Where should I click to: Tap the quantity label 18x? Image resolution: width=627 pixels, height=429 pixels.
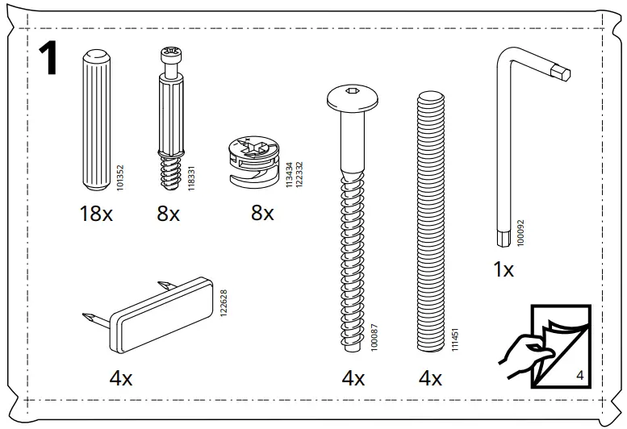pos(96,214)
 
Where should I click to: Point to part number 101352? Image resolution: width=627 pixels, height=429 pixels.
pos(120,173)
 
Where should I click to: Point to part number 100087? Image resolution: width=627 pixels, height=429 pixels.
pos(373,335)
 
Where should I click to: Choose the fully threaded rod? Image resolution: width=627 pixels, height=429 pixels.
pos(430,219)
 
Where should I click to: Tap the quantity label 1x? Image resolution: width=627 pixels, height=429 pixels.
pos(504,270)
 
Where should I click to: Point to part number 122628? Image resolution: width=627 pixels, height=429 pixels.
pos(224,302)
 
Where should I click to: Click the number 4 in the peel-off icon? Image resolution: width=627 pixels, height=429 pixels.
pos(580,375)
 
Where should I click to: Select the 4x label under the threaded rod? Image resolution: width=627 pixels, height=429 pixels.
pos(430,378)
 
